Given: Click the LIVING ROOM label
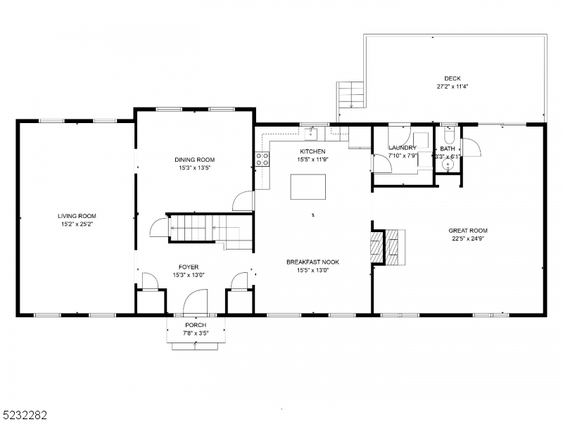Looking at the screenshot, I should (77, 216).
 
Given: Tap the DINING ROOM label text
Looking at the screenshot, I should (195, 160).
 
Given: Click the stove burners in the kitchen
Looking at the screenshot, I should (262, 160).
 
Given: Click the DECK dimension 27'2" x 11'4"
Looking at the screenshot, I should (452, 87).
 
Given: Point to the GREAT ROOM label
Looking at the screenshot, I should (468, 231).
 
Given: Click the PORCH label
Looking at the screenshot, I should (196, 325).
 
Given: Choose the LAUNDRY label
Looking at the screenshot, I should (403, 148).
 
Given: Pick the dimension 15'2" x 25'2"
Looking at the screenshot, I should (77, 224).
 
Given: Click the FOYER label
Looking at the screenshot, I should (188, 267).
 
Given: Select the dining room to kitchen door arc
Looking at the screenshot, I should (243, 200).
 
